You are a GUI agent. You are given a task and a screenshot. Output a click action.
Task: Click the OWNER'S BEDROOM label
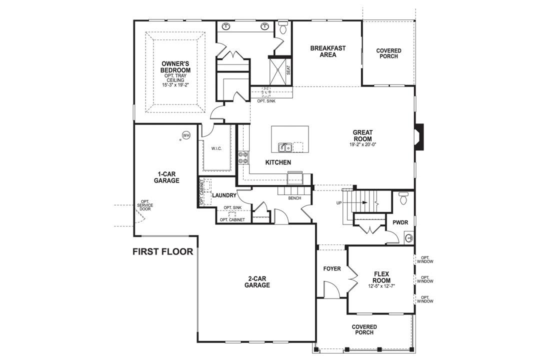pyautogui.click(x=175, y=67)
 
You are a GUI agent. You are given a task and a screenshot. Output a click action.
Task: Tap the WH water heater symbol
pyautogui.click(x=186, y=135)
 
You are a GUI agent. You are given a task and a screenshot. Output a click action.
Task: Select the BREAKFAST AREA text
pyautogui.click(x=327, y=51)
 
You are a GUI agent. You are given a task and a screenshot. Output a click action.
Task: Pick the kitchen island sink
pyautogui.click(x=285, y=147)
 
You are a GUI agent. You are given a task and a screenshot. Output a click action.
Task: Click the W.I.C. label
pyautogui.click(x=216, y=148)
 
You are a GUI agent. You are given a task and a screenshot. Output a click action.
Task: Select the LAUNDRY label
pyautogui.click(x=223, y=195)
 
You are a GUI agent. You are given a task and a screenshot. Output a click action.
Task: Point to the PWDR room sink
pyautogui.click(x=409, y=237)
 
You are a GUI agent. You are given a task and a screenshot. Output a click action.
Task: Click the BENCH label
pyautogui.click(x=294, y=198)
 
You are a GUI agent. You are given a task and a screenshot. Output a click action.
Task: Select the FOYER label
pyautogui.click(x=331, y=269)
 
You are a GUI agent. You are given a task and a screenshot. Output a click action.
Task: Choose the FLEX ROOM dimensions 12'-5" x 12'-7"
pyautogui.click(x=382, y=286)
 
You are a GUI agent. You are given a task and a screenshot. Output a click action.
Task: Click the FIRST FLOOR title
pyautogui.click(x=162, y=251)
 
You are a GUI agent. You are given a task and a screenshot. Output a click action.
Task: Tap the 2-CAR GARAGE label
pyautogui.click(x=257, y=282)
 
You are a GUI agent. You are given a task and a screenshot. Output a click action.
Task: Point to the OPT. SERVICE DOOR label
pyautogui.click(x=145, y=205)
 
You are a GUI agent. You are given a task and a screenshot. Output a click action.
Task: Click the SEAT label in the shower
pyautogui.click(x=288, y=70)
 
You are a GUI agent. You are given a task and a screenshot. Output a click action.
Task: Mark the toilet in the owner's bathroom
pyautogui.click(x=283, y=28)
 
